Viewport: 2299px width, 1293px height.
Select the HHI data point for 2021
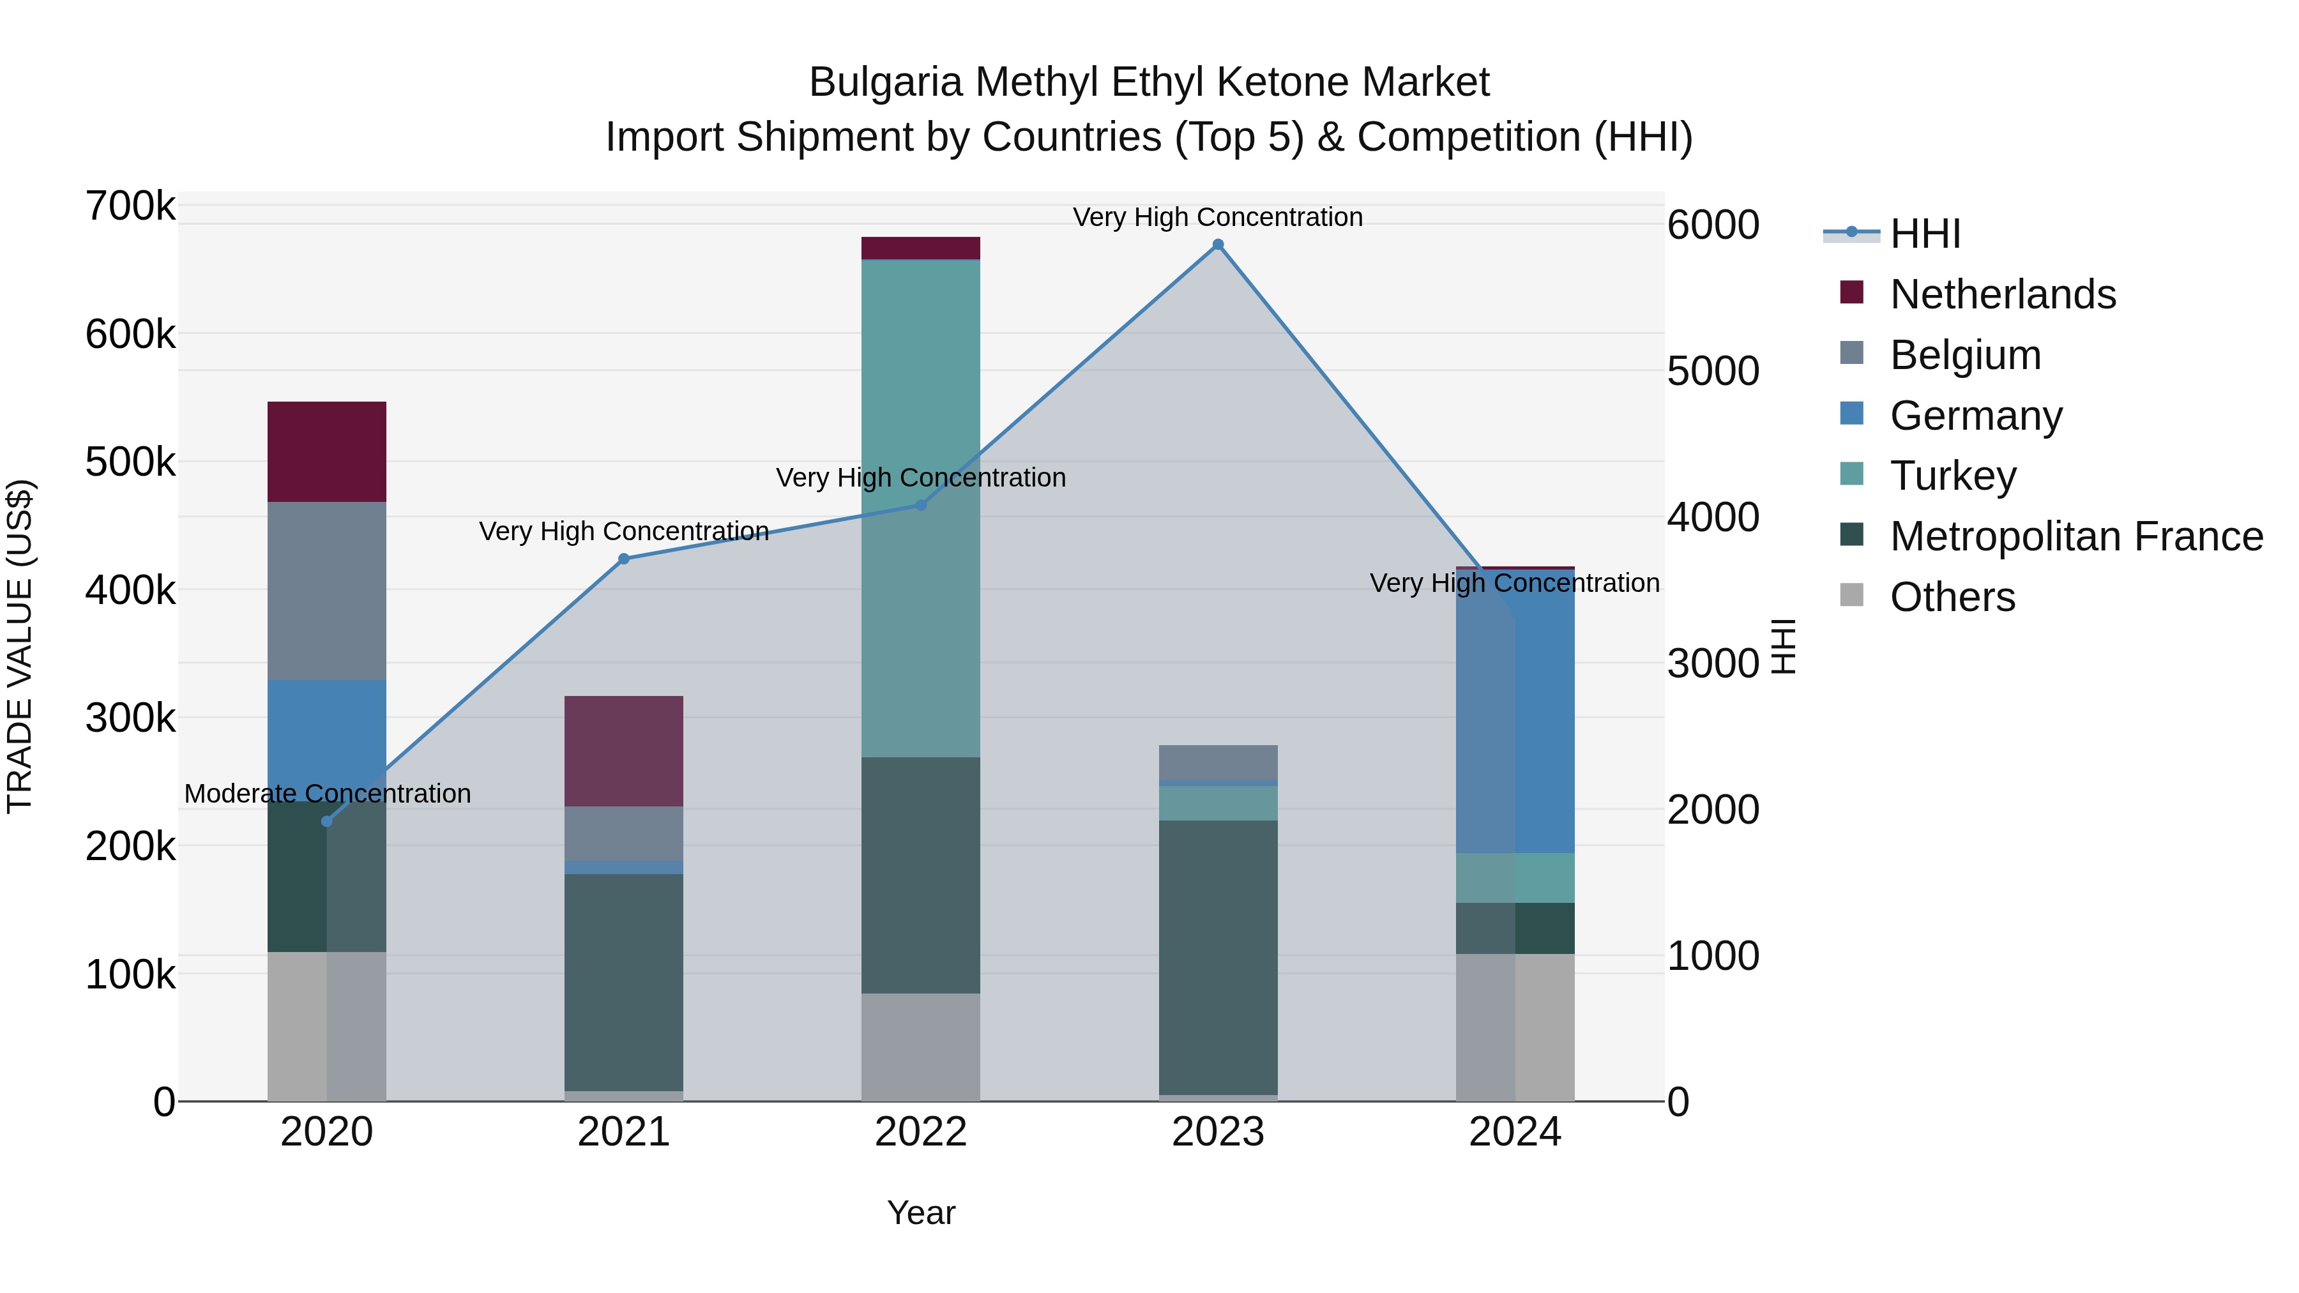[x=624, y=559]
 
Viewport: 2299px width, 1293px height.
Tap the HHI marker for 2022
[x=921, y=505]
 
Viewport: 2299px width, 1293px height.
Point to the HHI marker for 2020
[x=326, y=821]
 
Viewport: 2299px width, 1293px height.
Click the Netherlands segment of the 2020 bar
[x=326, y=451]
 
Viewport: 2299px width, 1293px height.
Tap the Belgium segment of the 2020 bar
[x=326, y=591]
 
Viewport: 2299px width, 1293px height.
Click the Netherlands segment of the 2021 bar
[x=624, y=752]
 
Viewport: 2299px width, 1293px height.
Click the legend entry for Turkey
[x=1953, y=476]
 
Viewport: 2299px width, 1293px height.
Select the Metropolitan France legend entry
[x=2076, y=536]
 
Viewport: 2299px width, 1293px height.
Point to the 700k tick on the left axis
[x=130, y=206]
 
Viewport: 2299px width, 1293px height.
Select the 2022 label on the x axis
[x=921, y=1132]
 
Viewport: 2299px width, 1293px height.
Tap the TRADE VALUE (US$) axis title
[x=20, y=646]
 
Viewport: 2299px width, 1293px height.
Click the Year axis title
[x=921, y=1213]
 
